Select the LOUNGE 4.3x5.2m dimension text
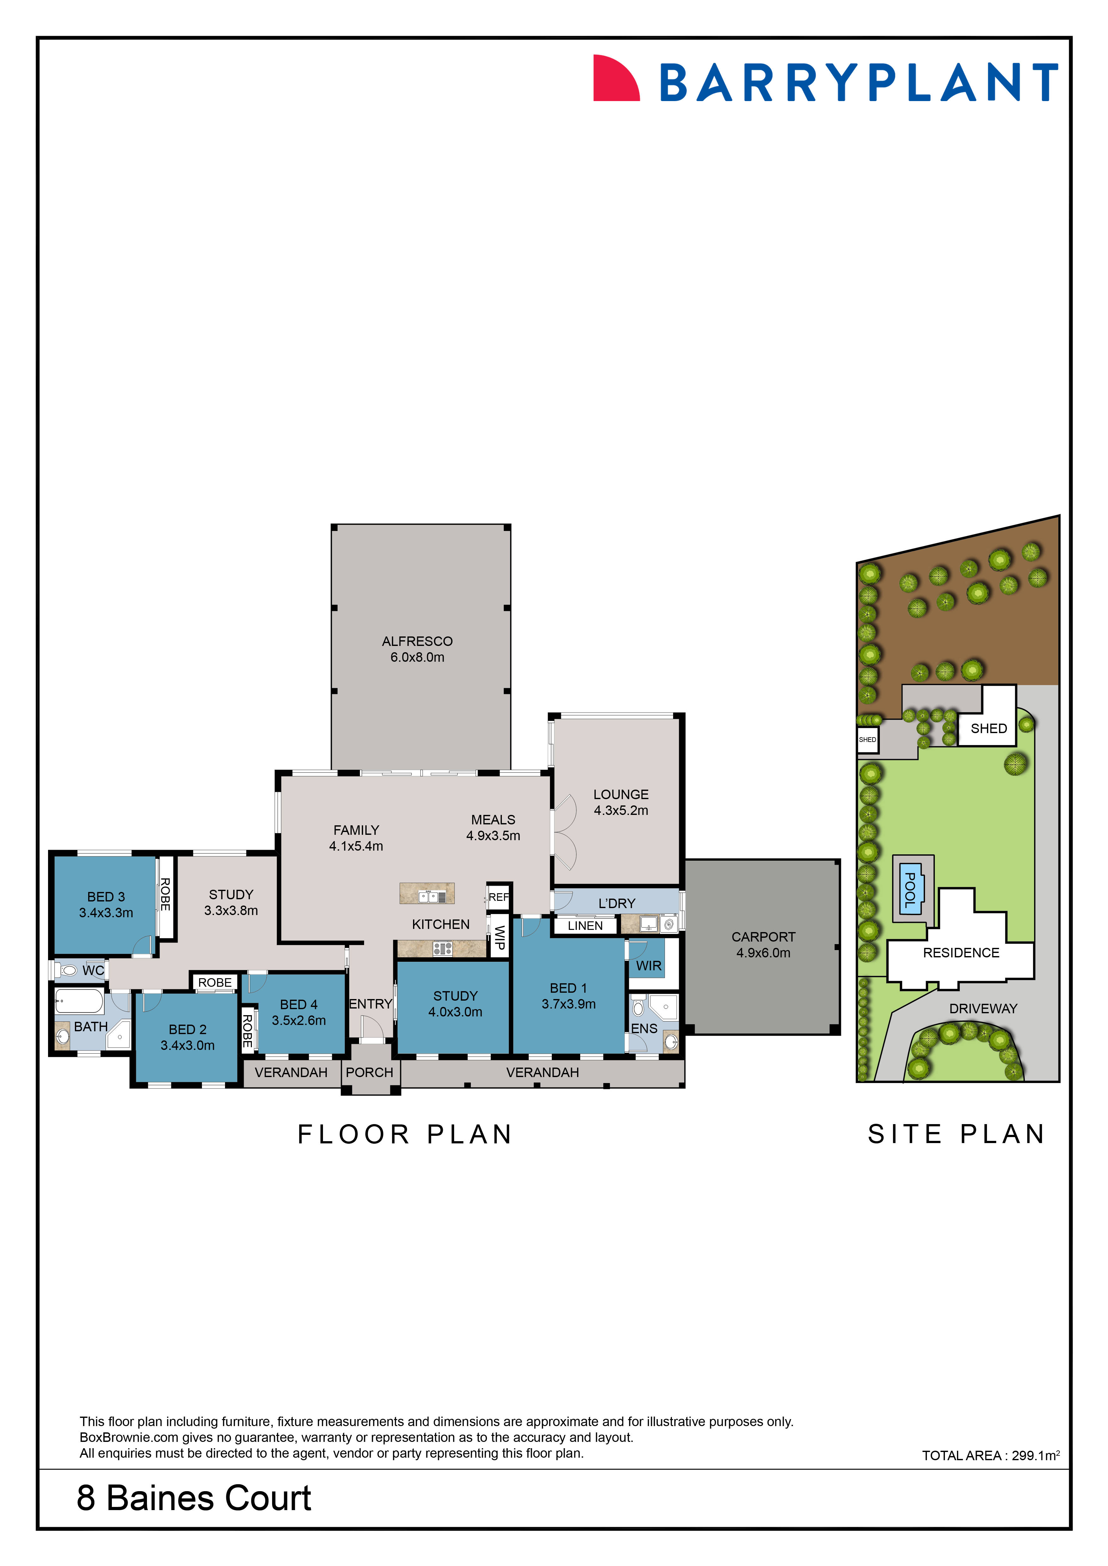click(621, 810)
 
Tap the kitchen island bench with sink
click(427, 894)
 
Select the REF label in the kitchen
click(498, 897)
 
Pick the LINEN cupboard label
click(585, 925)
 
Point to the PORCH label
click(369, 1072)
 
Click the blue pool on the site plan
click(910, 889)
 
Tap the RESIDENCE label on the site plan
click(961, 953)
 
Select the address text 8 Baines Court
click(194, 1498)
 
